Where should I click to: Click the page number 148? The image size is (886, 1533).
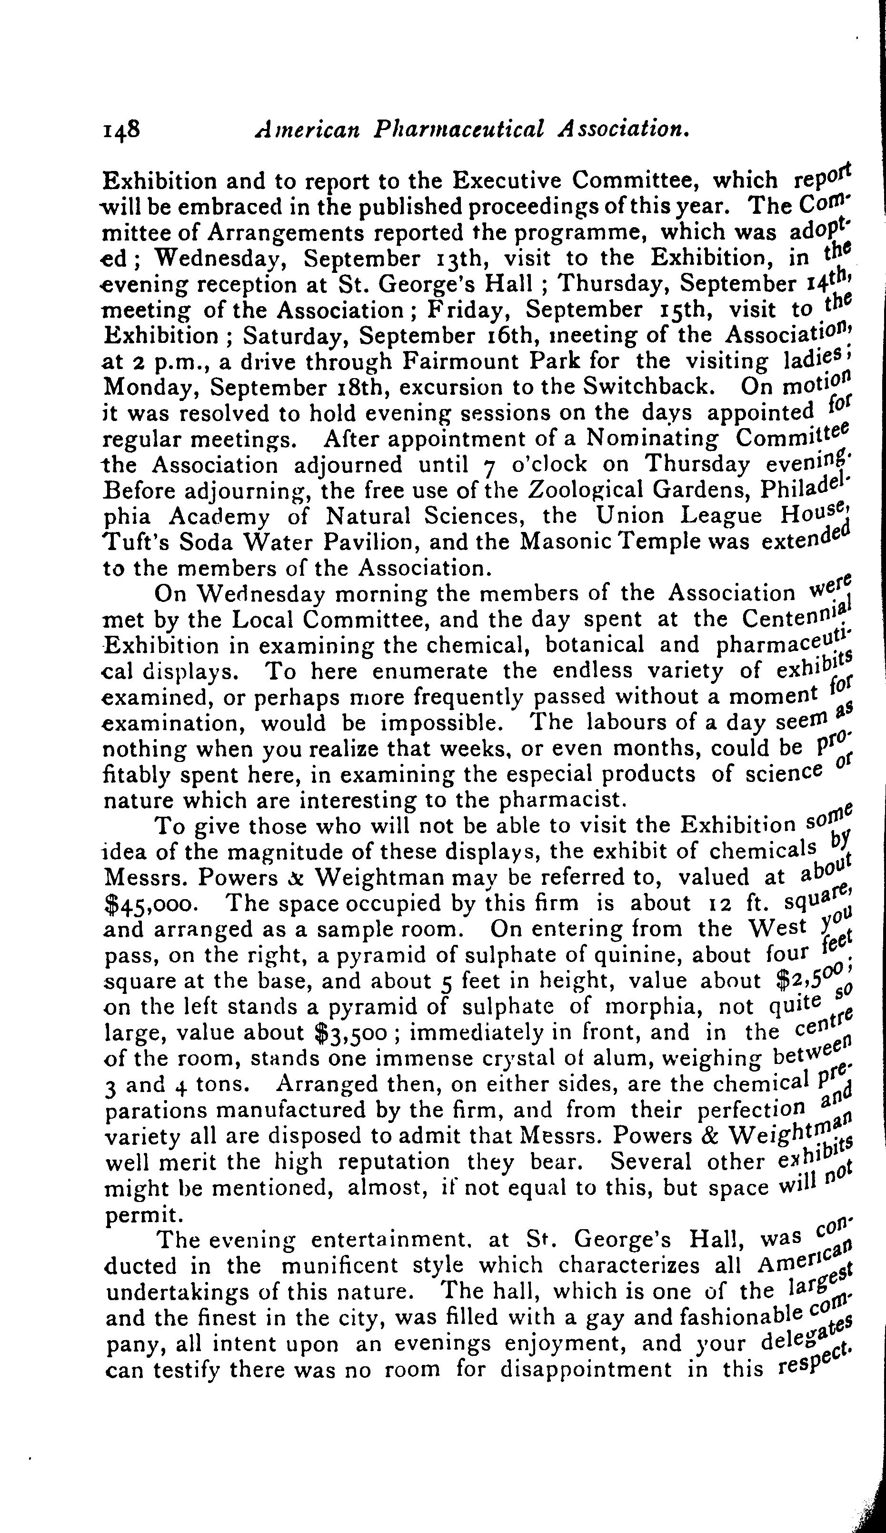tap(121, 130)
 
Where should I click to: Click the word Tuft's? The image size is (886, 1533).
tap(131, 541)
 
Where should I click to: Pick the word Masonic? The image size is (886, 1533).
tap(568, 541)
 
